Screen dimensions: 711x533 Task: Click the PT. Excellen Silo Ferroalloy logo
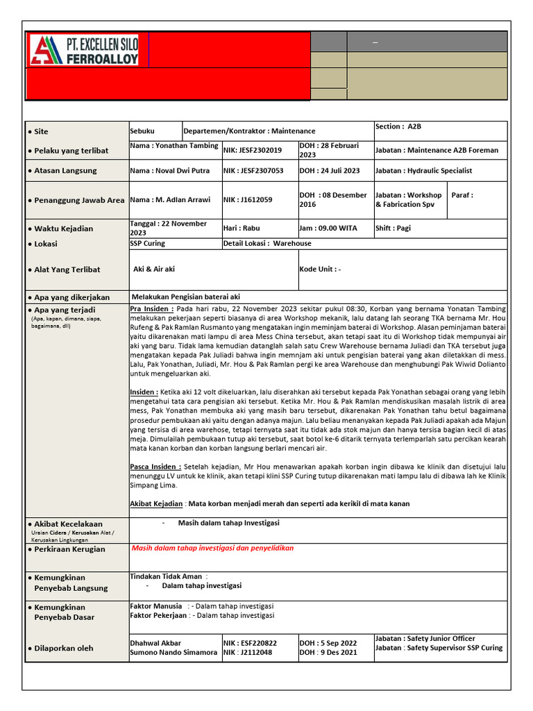pos(83,51)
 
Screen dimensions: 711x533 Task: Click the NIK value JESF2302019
pos(253,150)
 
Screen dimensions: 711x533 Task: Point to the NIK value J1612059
pos(248,200)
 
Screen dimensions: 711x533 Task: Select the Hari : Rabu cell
pos(242,228)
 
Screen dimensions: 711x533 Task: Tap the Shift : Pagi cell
pos(393,228)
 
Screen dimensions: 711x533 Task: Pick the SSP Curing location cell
pos(148,244)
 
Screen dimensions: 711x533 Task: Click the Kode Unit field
pos(320,269)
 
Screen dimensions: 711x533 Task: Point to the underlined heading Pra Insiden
pos(151,308)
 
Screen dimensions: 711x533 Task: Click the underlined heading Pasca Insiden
pos(156,467)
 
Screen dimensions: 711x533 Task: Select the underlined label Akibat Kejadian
pos(156,503)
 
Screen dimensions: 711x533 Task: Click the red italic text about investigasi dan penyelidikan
pos(212,548)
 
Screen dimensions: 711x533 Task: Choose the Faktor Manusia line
pos(201,606)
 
